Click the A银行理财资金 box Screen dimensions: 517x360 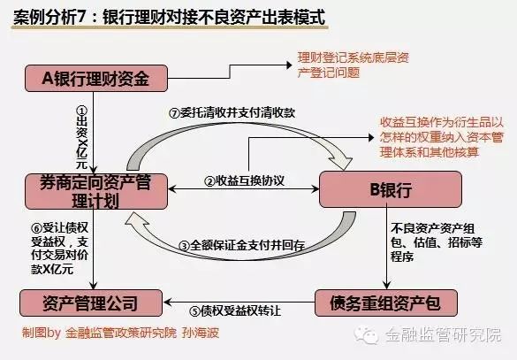coord(96,78)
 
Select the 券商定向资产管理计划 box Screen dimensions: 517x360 coord(96,191)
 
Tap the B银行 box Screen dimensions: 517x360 coord(391,189)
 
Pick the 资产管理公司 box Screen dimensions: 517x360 coord(91,303)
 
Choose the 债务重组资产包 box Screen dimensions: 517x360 coord(386,303)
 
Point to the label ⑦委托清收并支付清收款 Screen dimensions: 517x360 coord(232,113)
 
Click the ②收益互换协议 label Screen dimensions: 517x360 coord(244,180)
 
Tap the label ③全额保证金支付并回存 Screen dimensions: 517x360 coord(241,245)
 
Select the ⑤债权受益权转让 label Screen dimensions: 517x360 coord(235,310)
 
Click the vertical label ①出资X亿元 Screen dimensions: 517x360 coord(82,137)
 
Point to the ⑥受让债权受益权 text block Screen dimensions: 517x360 coord(60,249)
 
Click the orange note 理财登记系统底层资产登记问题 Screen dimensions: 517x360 coord(354,65)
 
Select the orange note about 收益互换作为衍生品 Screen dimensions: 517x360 coord(442,137)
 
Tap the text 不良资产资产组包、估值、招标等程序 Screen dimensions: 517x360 coord(437,242)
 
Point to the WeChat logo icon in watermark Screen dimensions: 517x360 coord(366,335)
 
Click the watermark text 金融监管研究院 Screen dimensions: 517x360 coord(443,335)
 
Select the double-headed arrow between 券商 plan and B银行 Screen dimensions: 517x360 coord(244,189)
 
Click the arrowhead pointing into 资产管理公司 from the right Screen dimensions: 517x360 coord(167,302)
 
